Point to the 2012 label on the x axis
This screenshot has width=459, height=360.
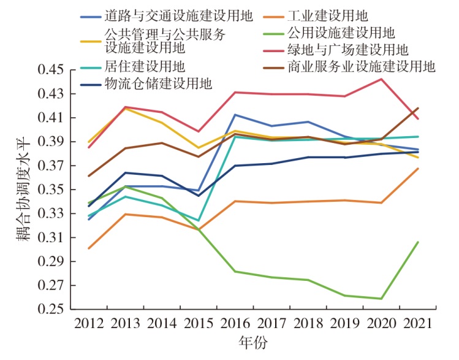pos(88,324)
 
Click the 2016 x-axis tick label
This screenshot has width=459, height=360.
pos(235,324)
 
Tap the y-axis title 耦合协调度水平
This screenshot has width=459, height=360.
pos(23,190)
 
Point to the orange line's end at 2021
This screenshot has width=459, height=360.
pos(418,168)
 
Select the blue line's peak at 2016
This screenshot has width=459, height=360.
pos(235,115)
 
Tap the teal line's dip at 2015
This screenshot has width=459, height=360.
pos(198,220)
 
